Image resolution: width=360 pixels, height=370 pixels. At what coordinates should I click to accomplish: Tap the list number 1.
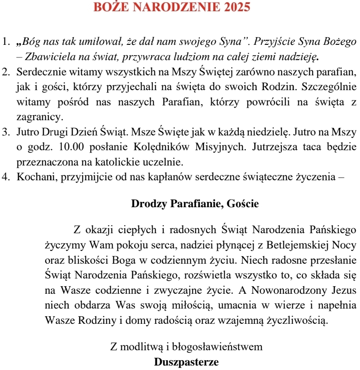5,42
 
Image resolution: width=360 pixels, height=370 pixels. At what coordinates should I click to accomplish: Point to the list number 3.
5,132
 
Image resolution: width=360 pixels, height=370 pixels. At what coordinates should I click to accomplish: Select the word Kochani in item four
33,176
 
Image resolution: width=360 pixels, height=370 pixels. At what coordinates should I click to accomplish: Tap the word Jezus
343,290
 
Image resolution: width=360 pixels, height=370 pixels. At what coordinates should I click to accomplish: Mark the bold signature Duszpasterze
186,361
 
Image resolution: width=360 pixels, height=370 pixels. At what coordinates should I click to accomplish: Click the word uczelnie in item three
163,161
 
